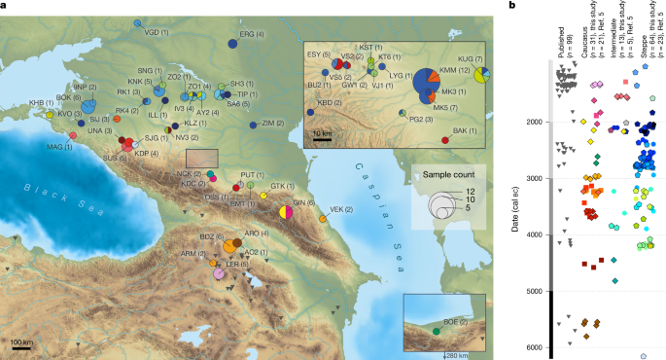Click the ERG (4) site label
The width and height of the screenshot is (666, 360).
pyautogui.click(x=252, y=33)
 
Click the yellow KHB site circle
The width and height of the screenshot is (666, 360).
pyautogui.click(x=50, y=115)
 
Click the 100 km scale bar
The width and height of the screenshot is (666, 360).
pyautogui.click(x=21, y=342)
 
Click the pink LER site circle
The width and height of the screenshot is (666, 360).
pyautogui.click(x=219, y=275)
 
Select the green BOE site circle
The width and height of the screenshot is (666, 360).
pyautogui.click(x=436, y=331)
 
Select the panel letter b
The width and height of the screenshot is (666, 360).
pyautogui.click(x=513, y=9)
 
